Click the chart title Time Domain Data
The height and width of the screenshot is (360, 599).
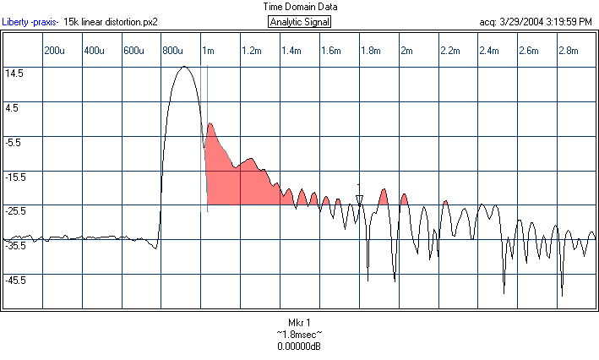[300, 6]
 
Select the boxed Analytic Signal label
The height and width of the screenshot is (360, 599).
[300, 22]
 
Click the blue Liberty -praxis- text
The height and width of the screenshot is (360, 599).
[30, 22]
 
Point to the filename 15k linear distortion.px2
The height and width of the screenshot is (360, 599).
[111, 22]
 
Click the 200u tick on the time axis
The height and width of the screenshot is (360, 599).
[54, 52]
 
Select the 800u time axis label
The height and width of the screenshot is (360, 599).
[173, 52]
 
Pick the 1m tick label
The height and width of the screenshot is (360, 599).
[208, 52]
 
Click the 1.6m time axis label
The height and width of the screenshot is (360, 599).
[330, 52]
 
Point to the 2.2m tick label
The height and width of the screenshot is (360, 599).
[450, 52]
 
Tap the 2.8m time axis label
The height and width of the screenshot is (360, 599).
[569, 52]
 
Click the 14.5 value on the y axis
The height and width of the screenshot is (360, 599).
[14, 74]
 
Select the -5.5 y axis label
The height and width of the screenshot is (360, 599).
[14, 143]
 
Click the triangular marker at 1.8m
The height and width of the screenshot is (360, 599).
[359, 200]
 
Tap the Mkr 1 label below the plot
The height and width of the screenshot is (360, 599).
[300, 323]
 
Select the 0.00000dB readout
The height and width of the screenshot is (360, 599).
[300, 346]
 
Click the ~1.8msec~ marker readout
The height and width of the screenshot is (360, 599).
[300, 335]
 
